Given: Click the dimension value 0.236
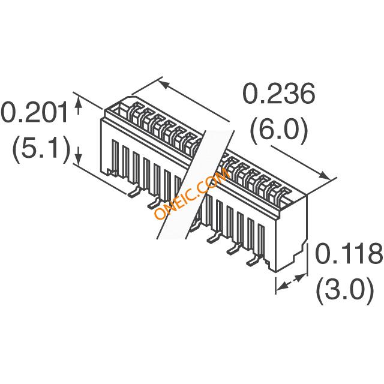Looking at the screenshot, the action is point(278,94).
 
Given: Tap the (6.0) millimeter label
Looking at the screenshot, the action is point(278,131).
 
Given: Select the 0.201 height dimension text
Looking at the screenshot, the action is point(34,113).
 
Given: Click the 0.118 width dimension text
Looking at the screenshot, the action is point(349,253).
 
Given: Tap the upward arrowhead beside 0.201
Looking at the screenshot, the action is point(79,101).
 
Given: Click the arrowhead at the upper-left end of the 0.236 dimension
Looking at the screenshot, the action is point(164,85).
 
